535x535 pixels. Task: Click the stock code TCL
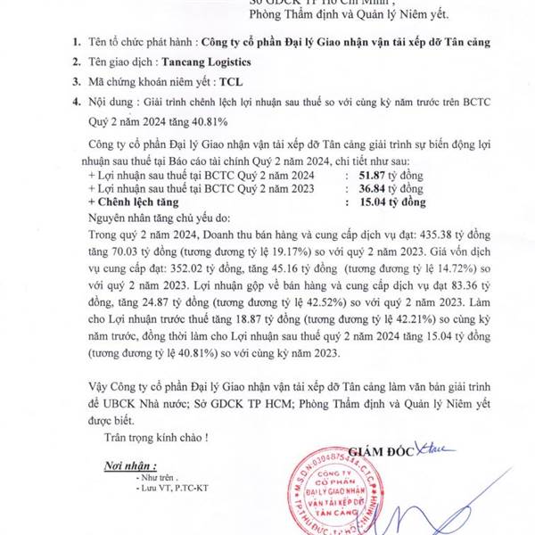[231, 104]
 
